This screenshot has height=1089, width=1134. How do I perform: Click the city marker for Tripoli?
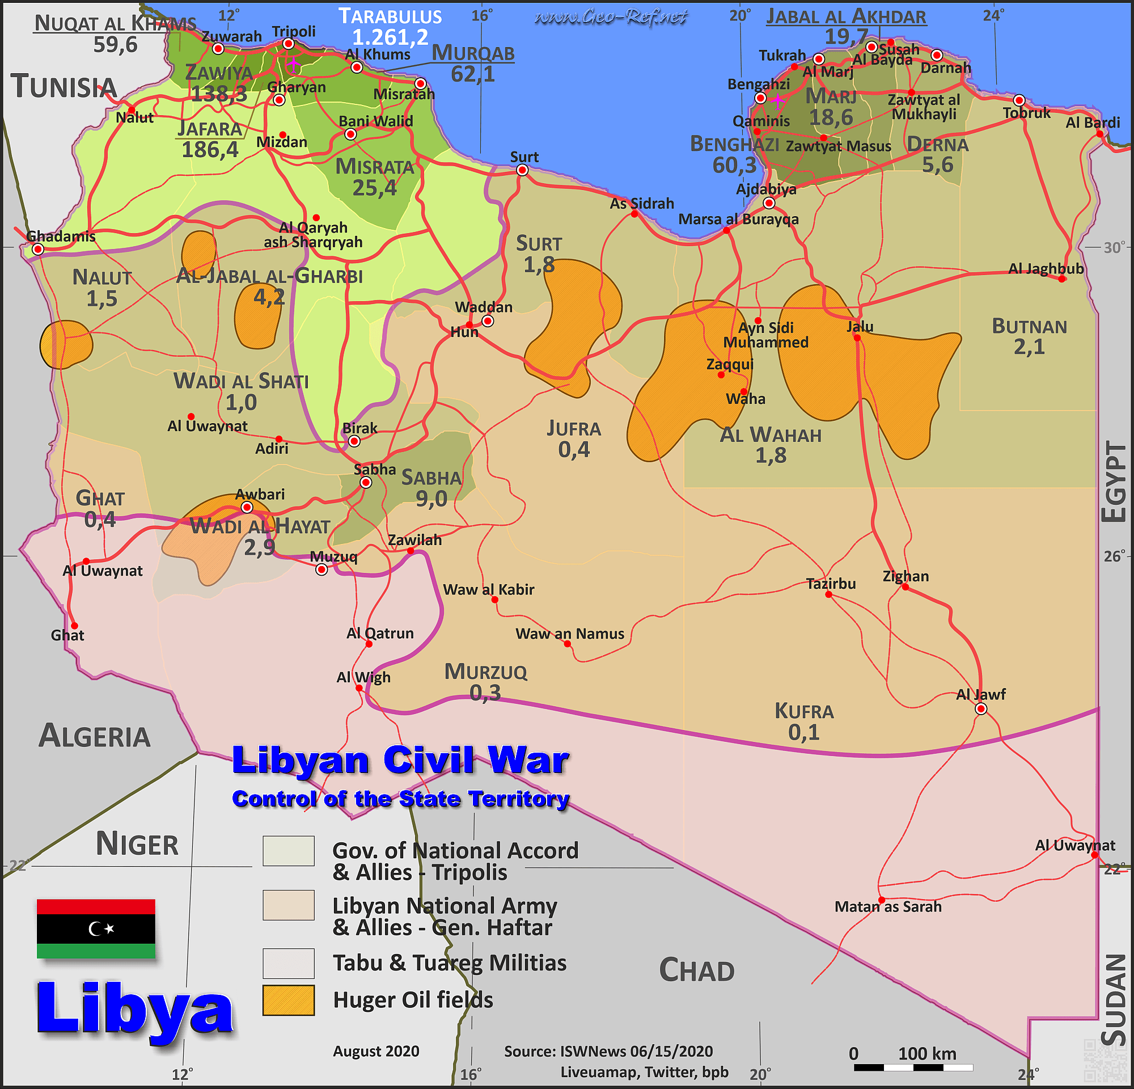[288, 44]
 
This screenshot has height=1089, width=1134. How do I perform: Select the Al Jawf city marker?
[981, 710]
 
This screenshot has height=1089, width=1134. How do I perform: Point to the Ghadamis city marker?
[38, 250]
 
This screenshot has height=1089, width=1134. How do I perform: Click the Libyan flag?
[96, 928]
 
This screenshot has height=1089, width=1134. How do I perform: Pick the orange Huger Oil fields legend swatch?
[288, 1001]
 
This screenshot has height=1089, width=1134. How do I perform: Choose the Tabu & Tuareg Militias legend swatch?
[288, 963]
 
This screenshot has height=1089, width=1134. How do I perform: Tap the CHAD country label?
[697, 970]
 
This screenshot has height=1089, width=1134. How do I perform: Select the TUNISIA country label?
[64, 87]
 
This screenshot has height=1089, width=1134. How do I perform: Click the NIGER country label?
[137, 843]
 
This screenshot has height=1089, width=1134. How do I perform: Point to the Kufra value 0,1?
[803, 733]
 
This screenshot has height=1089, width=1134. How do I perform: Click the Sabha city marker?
[366, 483]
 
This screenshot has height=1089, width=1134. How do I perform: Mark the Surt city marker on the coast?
[522, 170]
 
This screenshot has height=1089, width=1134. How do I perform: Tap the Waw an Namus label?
[570, 634]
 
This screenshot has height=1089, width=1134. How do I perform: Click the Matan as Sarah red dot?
[882, 900]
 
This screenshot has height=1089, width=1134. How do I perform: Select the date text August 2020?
[376, 1051]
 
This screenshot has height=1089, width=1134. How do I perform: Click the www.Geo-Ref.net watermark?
[611, 18]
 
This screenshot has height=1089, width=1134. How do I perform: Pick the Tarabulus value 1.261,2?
[391, 37]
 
